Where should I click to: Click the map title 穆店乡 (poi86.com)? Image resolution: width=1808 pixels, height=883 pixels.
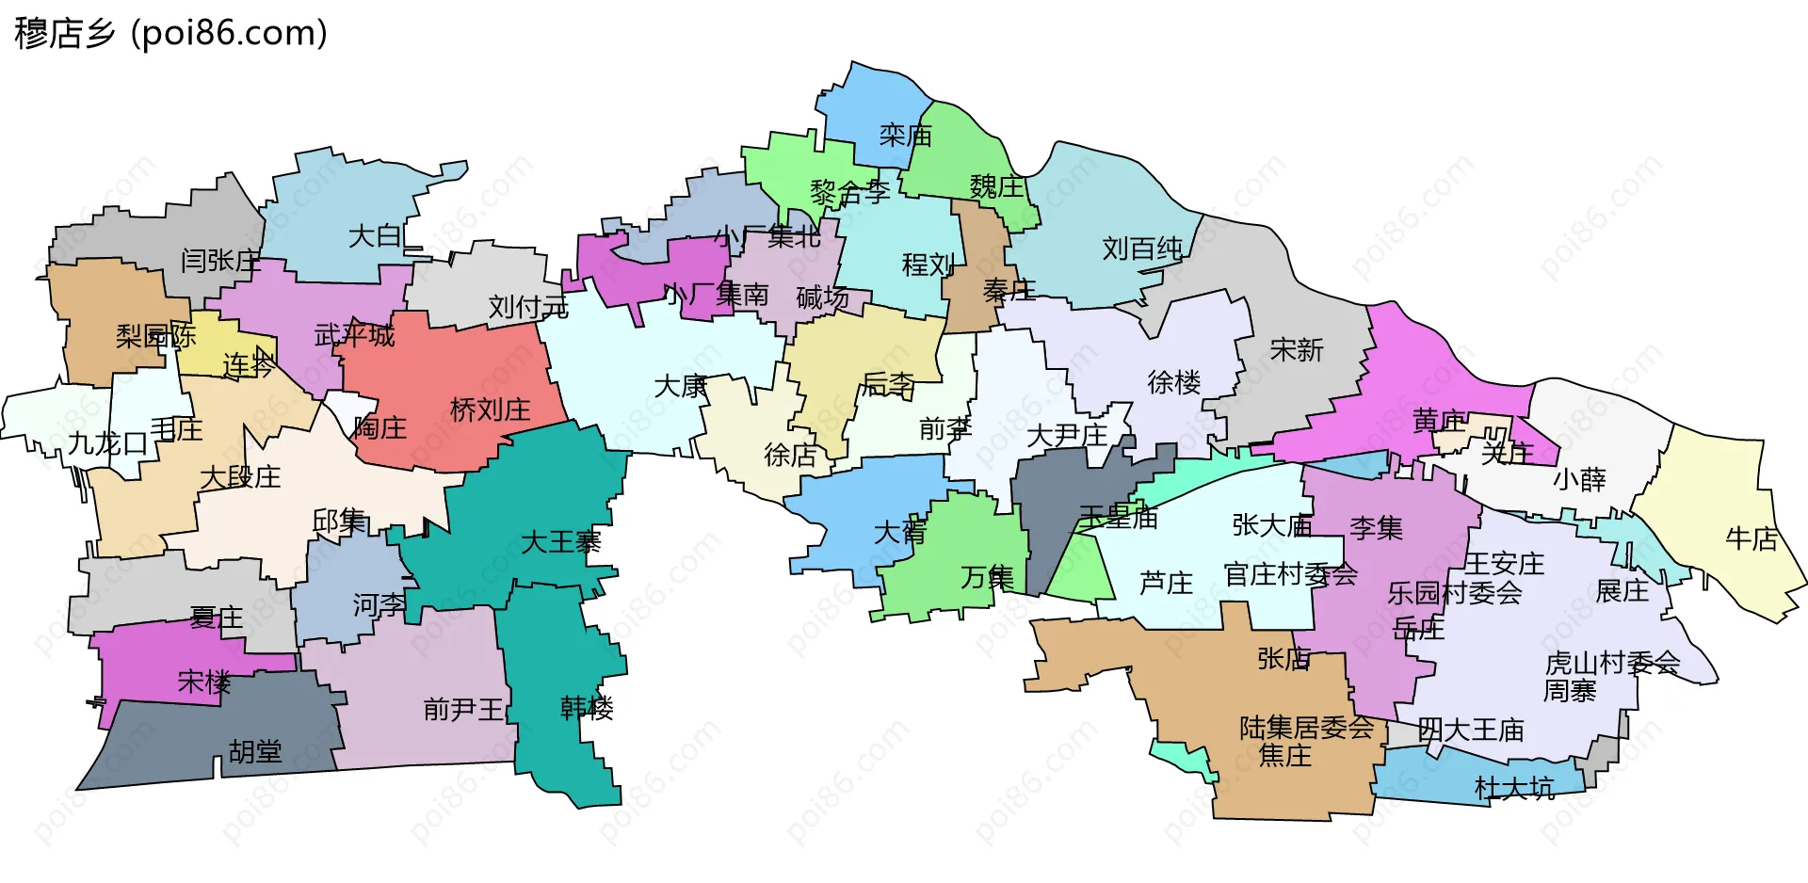click(170, 33)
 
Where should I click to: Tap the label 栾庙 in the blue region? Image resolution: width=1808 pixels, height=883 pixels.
click(905, 136)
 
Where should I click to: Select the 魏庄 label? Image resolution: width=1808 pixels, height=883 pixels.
click(995, 186)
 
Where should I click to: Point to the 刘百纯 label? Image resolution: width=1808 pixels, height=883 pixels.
click(1142, 249)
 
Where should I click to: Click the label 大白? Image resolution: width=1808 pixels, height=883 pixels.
click(376, 235)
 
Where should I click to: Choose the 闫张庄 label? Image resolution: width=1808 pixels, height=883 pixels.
click(220, 260)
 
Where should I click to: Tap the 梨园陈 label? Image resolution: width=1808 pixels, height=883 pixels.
click(155, 336)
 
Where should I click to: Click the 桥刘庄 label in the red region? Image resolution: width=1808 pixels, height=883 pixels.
click(490, 409)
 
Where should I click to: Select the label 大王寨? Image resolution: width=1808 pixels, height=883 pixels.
click(560, 541)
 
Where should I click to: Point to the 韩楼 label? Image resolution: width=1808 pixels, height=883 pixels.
click(587, 707)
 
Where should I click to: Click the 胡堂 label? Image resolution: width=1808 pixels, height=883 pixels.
click(255, 751)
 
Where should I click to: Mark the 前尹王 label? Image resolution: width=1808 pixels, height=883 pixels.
click(463, 709)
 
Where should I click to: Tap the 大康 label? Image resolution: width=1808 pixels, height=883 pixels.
click(681, 386)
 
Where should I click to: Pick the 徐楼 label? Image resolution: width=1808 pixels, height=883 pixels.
click(1173, 382)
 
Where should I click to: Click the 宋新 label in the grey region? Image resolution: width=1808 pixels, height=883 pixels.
click(1296, 350)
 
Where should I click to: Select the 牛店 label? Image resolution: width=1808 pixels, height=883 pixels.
click(1751, 538)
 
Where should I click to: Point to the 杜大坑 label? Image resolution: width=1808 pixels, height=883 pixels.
click(1513, 788)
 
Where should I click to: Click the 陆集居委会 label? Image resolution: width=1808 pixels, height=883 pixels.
click(1306, 728)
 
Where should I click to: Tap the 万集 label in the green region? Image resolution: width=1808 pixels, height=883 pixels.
click(987, 577)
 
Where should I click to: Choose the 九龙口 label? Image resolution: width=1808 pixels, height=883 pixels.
click(107, 442)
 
